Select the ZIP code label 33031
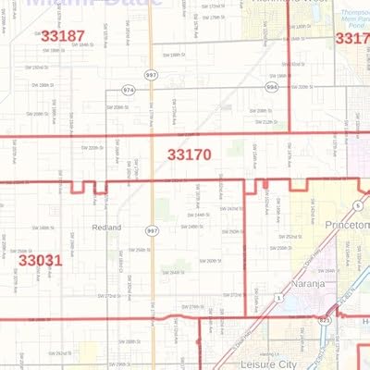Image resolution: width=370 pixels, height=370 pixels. click(41, 261)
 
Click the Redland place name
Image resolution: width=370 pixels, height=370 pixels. click(107, 226)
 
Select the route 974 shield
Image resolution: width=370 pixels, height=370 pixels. click(128, 91)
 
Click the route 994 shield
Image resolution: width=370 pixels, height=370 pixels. click(271, 86)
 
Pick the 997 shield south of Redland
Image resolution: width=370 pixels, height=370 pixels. click(148, 229)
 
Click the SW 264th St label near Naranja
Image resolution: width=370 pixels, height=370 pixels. click(326, 271)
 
